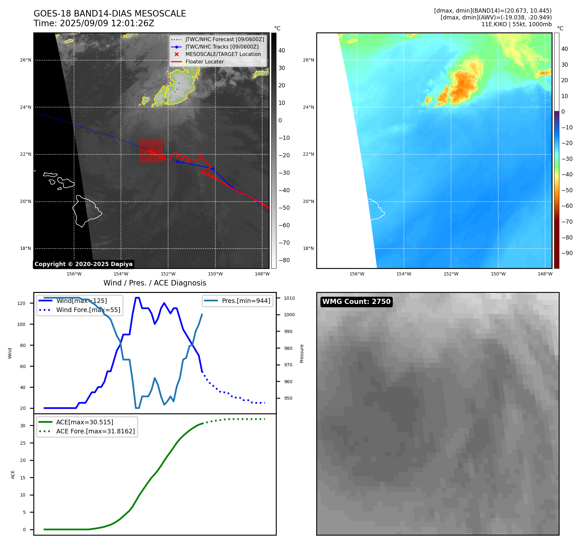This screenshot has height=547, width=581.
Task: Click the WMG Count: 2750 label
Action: click(356, 302)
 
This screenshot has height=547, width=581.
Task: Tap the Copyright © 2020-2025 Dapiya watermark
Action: click(83, 264)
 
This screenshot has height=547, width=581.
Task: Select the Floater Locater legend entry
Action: click(204, 62)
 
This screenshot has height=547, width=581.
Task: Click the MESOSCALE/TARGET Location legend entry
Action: click(223, 54)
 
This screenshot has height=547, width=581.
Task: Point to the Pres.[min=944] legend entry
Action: click(246, 301)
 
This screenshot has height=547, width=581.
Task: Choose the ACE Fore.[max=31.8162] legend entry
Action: click(95, 431)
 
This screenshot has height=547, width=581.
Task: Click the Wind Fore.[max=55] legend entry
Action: click(88, 310)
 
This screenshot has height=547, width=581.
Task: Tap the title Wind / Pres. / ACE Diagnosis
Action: click(155, 283)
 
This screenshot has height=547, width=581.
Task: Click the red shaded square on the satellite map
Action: click(151, 151)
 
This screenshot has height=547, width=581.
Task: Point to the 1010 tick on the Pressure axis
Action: click(289, 298)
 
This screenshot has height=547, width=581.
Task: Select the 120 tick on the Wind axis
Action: click(21, 303)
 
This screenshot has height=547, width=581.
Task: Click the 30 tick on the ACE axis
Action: click(23, 426)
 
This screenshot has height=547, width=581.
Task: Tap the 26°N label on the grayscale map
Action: click(26, 60)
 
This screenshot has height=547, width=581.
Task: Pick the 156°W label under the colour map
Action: click(357, 274)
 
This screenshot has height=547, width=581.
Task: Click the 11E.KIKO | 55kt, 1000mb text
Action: click(516, 24)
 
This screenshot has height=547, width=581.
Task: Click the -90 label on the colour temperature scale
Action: click(567, 253)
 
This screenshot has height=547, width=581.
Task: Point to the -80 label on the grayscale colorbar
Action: click(284, 260)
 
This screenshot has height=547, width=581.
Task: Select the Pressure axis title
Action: click(302, 353)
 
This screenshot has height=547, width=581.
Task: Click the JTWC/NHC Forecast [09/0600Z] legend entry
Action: click(224, 39)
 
